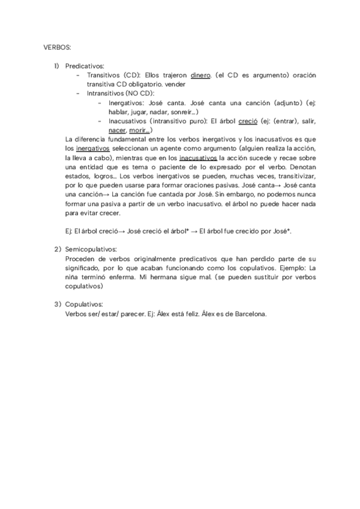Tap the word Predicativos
tap(85, 65)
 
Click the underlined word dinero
tap(200, 75)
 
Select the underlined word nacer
tap(117, 130)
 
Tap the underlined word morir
tap(139, 130)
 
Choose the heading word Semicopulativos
tap(91, 248)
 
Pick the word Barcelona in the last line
tap(248, 314)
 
